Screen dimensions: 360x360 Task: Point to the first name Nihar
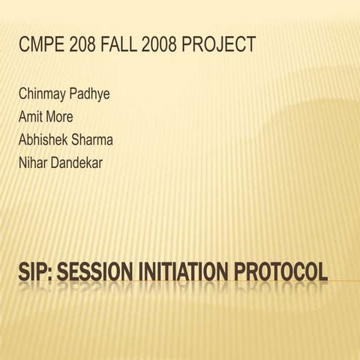click(34, 161)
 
